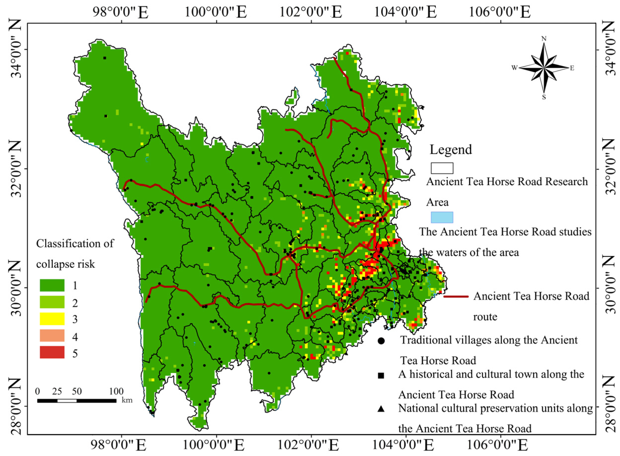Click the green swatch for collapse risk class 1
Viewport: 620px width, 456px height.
coord(52,285)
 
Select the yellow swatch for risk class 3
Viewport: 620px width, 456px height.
coord(52,318)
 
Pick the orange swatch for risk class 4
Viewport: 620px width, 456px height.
coord(52,335)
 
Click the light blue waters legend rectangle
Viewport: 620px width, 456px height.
coord(442,217)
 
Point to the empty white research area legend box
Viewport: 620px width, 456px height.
coord(442,168)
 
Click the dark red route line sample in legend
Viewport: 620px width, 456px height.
coord(456,296)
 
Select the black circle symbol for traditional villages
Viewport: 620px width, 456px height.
coord(381,341)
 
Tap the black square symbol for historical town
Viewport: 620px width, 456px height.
coord(381,375)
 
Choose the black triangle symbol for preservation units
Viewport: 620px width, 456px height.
coord(381,409)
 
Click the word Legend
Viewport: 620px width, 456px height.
coord(450,149)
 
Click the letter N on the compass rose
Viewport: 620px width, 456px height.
coord(544,39)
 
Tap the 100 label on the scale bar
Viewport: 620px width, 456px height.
coord(116,391)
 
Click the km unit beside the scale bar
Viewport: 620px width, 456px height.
coord(127,400)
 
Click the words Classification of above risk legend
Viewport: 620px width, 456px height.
coord(75,244)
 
